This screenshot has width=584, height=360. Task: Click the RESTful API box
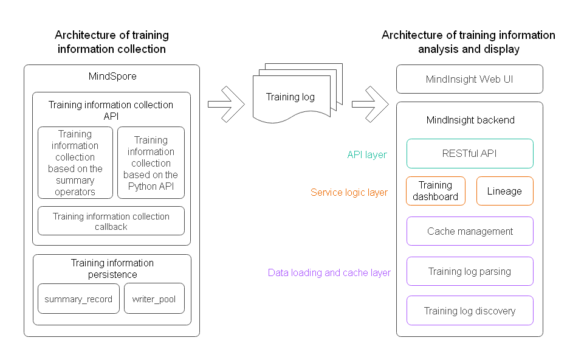tap(470, 153)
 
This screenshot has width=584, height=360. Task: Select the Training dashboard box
tap(436, 191)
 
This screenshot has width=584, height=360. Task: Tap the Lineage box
tap(504, 191)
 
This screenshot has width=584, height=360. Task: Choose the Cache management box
tap(470, 231)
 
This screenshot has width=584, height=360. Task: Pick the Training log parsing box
tap(470, 271)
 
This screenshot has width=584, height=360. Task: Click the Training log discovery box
tap(470, 311)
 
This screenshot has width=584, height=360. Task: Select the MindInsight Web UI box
tap(470, 79)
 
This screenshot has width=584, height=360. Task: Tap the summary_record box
tap(78, 299)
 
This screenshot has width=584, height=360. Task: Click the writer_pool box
tap(154, 299)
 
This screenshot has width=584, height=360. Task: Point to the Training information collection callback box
tap(111, 221)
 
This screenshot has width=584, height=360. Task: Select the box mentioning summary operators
tap(75, 162)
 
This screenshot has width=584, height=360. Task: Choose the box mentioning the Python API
tap(151, 162)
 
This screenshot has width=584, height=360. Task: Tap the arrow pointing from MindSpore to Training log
tap(225, 103)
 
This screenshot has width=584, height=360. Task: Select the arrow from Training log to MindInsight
tap(369, 103)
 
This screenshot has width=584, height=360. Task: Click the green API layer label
tap(367, 154)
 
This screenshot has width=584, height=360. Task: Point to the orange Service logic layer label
tap(349, 192)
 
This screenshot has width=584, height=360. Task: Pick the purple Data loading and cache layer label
tap(329, 272)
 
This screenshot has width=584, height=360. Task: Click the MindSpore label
tap(112, 76)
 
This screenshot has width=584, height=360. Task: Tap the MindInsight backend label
tap(470, 120)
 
